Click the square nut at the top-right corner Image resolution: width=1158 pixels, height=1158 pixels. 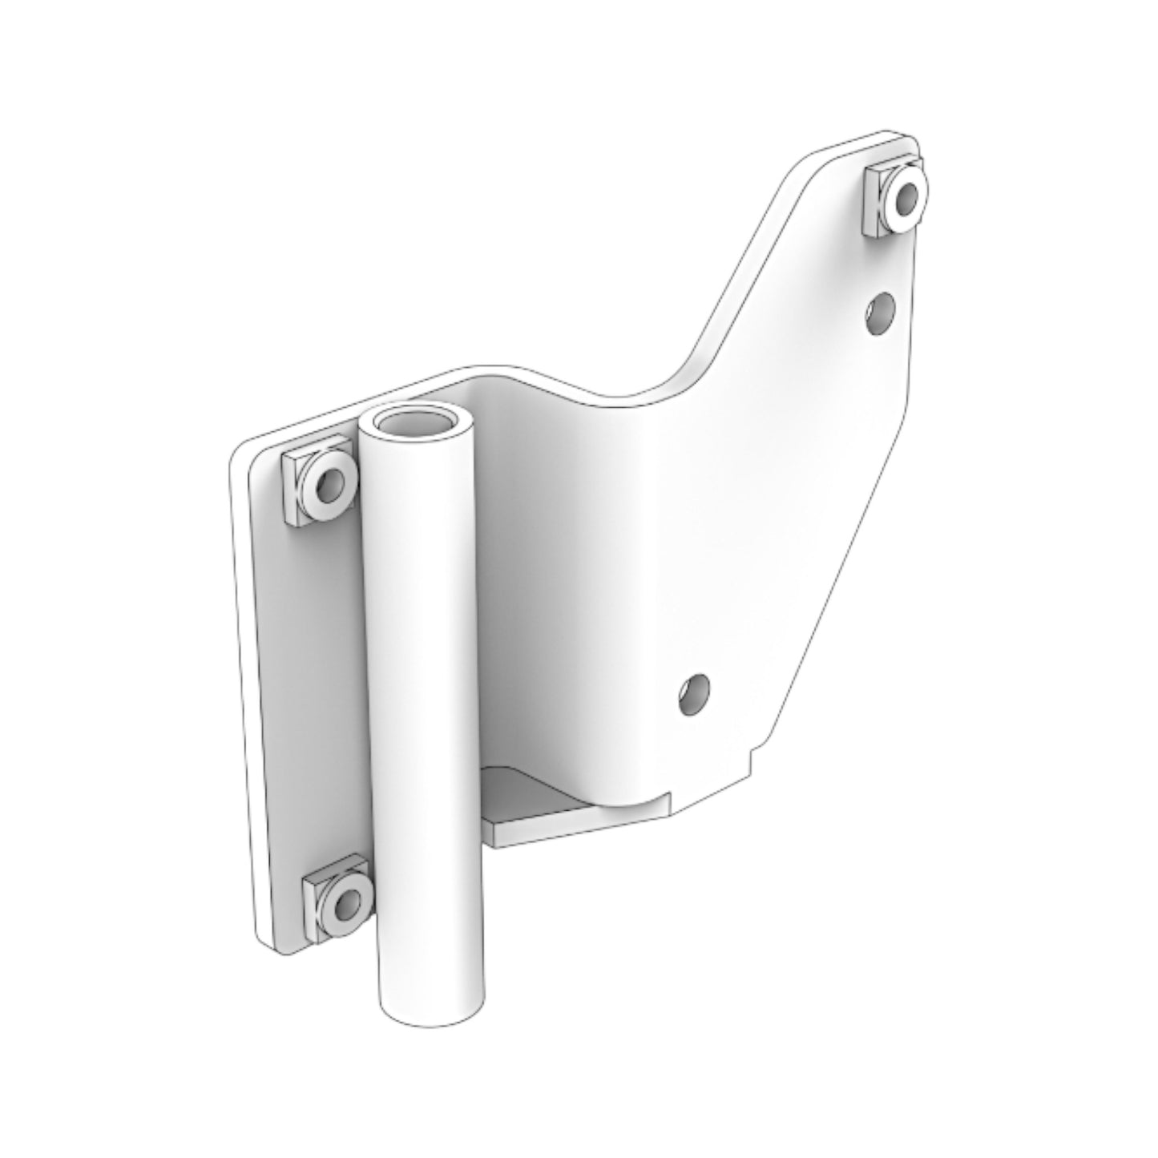coord(896,200)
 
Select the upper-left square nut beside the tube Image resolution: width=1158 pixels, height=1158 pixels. coord(319,488)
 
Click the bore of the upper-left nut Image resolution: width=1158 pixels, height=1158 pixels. coord(329,484)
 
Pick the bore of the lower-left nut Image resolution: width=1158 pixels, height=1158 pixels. coord(348,906)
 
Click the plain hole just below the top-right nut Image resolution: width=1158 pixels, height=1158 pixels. coord(880,313)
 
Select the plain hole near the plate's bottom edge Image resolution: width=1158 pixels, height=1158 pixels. coord(694,692)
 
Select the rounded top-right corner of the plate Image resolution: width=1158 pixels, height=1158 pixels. coord(902,136)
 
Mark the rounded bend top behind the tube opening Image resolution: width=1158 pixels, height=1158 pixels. coord(497,373)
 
